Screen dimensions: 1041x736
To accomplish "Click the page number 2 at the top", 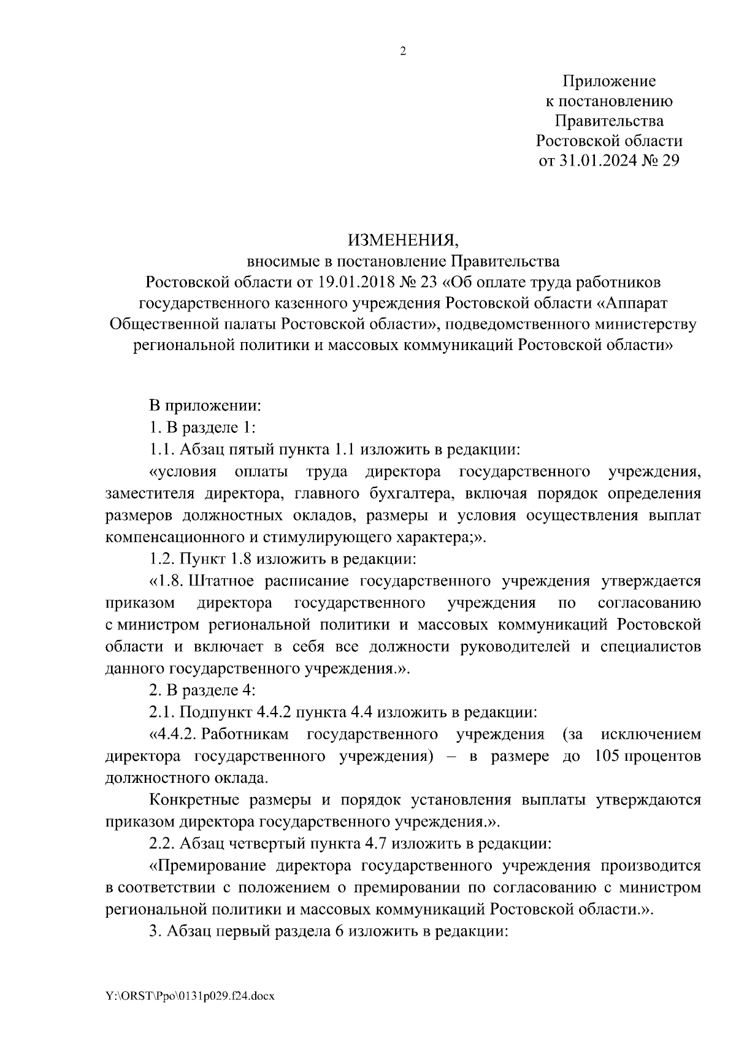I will coord(403,51).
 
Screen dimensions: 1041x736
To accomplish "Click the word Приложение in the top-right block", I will coord(609,81).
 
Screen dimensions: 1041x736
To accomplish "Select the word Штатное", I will coord(221,581).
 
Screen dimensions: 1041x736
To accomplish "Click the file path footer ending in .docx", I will coord(190,996).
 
